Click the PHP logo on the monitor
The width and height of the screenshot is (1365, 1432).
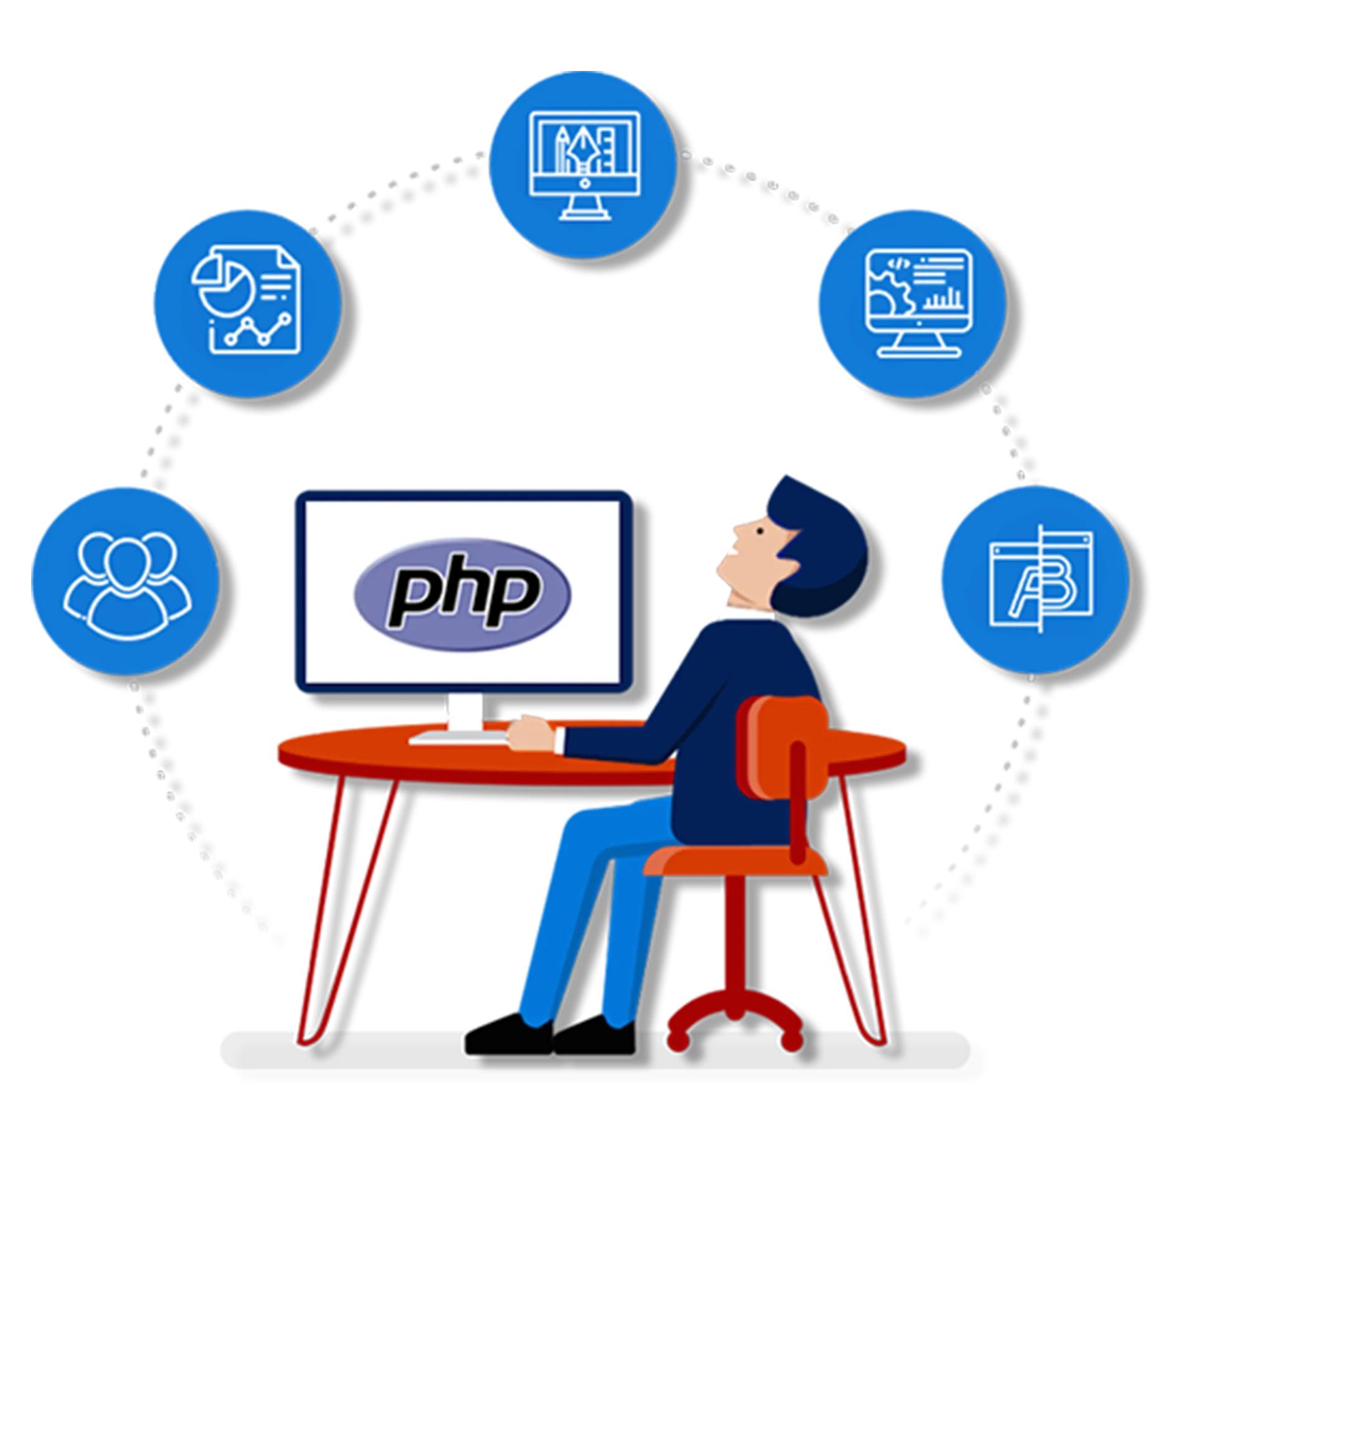463,593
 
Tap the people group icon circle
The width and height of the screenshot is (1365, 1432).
125,580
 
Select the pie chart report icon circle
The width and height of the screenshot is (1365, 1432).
246,303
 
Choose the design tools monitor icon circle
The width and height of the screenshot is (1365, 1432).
582,164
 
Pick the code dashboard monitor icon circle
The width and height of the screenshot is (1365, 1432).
911,303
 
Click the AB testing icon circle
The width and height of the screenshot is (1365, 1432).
1033,579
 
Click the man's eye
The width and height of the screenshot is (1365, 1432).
758,530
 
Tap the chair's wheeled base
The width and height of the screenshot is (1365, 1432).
735,1015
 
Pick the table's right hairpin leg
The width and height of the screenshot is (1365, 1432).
862,910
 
